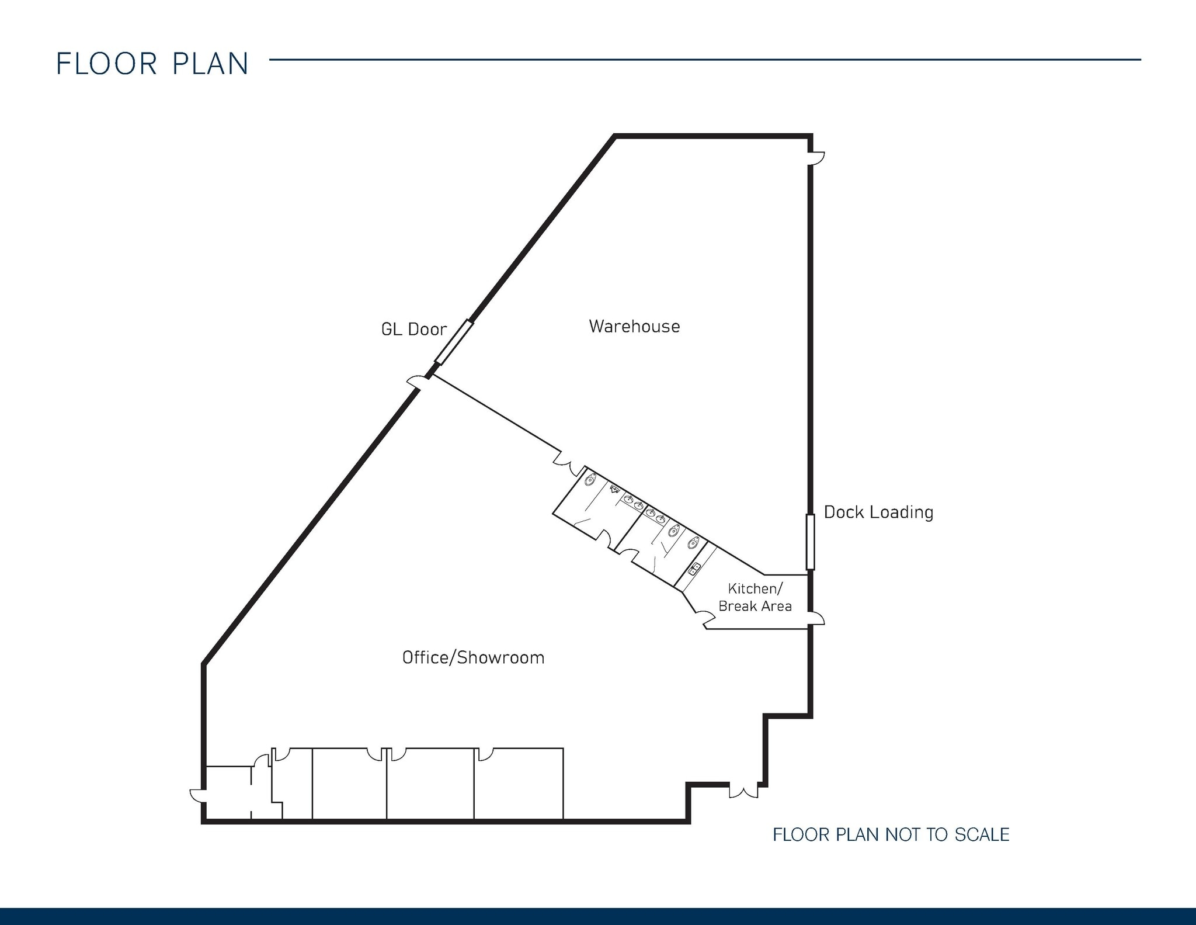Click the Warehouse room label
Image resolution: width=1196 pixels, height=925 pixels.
tap(634, 326)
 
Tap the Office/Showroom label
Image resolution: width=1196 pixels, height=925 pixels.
tap(473, 658)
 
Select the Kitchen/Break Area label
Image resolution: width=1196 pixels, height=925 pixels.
tap(755, 597)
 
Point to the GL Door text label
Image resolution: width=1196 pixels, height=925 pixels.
tap(413, 330)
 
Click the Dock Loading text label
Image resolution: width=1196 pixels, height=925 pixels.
tap(878, 512)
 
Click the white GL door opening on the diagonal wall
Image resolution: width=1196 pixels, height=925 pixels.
tap(454, 342)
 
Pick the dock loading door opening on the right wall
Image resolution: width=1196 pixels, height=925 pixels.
tap(810, 542)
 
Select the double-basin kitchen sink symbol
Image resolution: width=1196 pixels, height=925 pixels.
tap(694, 568)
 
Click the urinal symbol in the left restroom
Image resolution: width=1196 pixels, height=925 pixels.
tap(614, 489)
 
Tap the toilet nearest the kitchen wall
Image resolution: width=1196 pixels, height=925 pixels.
tap(693, 543)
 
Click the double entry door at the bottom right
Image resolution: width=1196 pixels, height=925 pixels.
tap(743, 791)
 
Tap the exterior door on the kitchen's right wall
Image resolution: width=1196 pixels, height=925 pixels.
tap(817, 618)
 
